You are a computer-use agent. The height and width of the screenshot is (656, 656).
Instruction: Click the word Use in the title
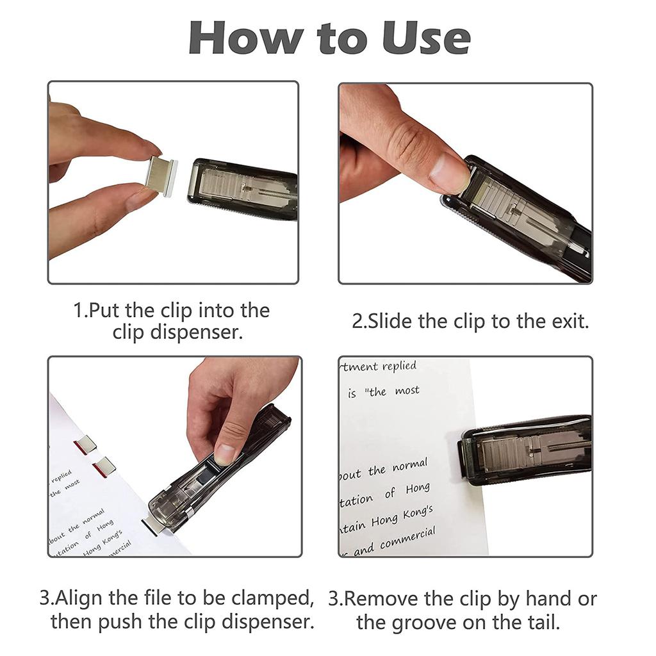coord(427,38)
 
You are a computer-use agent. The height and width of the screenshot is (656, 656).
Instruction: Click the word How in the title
coord(243,38)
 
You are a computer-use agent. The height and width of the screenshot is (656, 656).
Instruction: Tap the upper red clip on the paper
coord(85,445)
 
